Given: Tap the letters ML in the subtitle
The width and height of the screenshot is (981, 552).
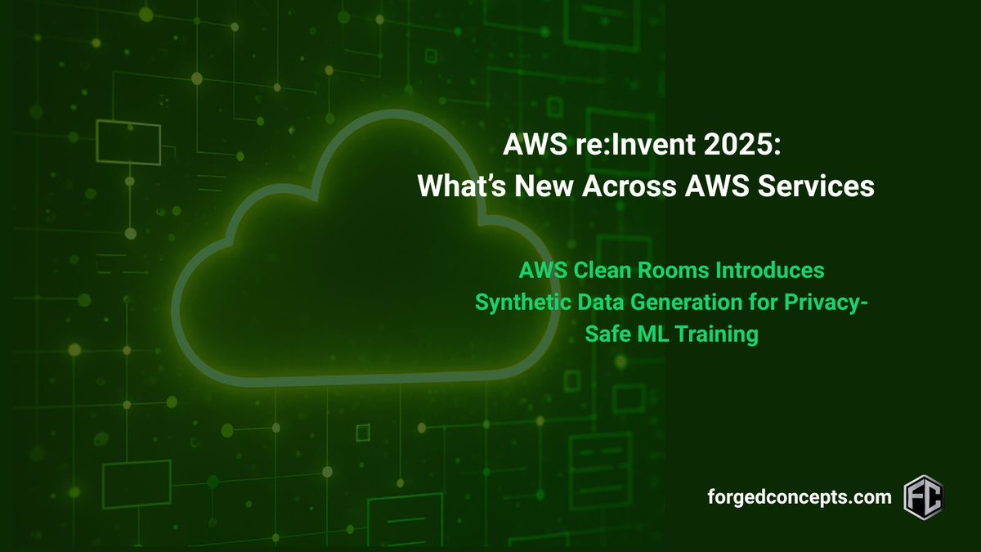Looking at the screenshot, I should (x=648, y=334).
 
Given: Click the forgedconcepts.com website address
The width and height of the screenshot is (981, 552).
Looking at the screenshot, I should (x=800, y=496).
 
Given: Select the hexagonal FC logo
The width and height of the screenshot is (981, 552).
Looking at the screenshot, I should (x=924, y=496).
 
